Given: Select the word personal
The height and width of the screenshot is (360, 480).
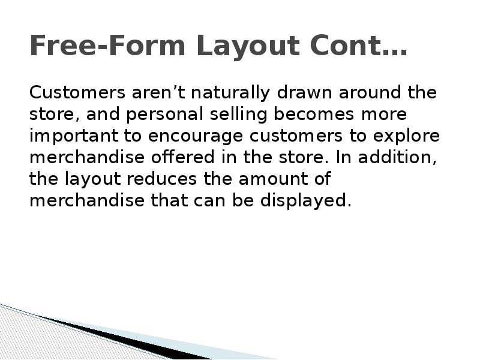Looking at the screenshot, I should click(x=151, y=115).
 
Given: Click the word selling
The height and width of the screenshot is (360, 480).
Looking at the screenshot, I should click(x=215, y=115).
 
